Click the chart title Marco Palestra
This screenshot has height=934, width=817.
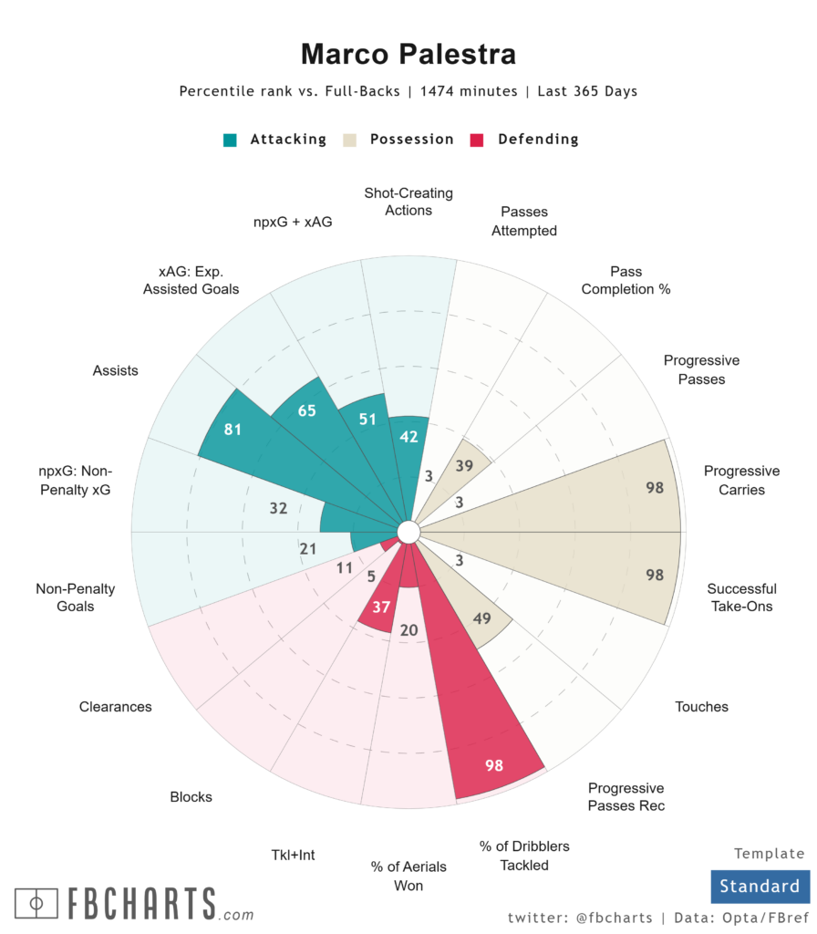point(408,54)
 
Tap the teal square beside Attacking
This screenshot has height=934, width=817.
point(230,140)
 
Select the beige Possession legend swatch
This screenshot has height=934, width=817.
point(350,140)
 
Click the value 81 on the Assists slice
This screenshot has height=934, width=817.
point(233,429)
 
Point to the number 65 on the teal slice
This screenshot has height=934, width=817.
point(306,410)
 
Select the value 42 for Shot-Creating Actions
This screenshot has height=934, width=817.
point(408,437)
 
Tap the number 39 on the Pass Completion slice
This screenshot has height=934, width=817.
point(464,465)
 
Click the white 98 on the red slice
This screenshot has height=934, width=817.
point(494,765)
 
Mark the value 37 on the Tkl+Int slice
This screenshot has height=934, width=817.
point(381,607)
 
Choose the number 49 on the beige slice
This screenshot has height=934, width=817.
point(482,619)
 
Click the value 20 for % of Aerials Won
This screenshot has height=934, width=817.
point(409,630)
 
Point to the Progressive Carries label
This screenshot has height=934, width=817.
point(741,481)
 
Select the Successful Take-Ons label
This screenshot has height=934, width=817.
point(741,597)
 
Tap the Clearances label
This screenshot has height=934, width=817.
point(115,707)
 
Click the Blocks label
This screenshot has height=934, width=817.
point(191,797)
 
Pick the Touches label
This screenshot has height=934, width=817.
point(701,707)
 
